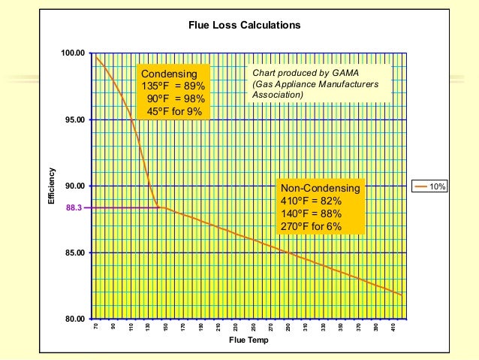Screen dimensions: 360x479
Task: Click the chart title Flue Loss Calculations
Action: click(244, 26)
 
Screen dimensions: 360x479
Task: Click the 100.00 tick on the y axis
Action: click(73, 53)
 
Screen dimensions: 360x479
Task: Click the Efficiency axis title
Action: click(52, 186)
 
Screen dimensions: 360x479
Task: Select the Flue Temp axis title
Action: click(248, 340)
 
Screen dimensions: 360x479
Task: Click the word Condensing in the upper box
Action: click(170, 74)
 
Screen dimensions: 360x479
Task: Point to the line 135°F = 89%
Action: click(173, 86)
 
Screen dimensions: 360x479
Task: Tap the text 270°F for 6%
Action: click(312, 226)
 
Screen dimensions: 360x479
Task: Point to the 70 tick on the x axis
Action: click(97, 328)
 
